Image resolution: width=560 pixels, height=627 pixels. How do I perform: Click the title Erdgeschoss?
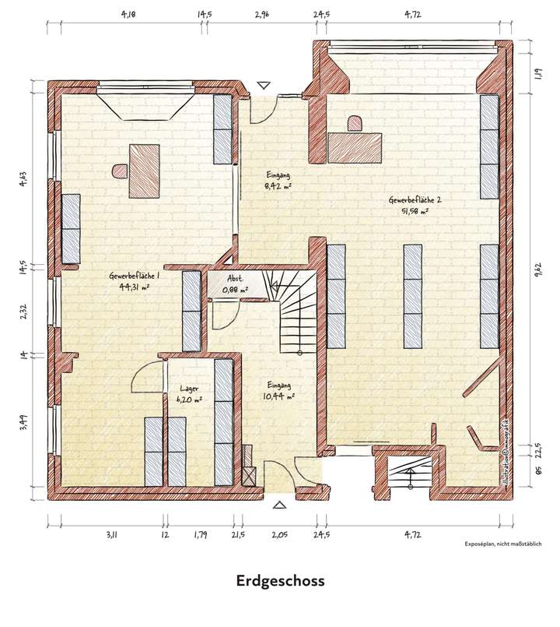point(280,581)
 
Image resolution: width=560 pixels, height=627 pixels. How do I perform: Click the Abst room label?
point(234,278)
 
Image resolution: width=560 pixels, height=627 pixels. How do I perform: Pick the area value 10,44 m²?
point(279,396)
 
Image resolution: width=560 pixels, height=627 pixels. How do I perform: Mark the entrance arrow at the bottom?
point(279,505)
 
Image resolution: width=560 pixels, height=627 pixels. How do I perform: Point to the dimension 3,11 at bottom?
point(111,534)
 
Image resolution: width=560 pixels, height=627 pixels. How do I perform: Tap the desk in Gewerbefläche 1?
point(144,171)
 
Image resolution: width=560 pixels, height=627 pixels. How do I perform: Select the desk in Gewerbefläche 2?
point(355,146)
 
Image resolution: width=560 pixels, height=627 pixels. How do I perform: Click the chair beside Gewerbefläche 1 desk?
point(120,170)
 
